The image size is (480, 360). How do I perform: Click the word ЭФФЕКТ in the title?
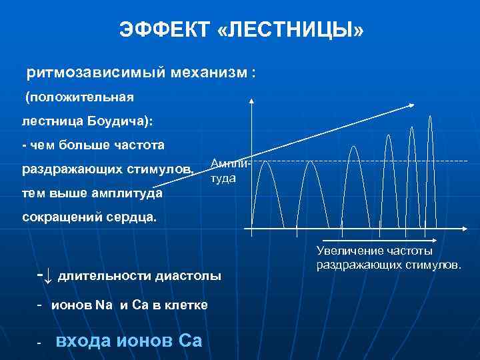[163, 30]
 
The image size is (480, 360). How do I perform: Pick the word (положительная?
[79, 97]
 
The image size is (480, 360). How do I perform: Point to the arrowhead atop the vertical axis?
[251, 101]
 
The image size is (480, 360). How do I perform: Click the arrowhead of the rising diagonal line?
[414, 105]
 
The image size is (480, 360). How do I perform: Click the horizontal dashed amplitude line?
[360, 161]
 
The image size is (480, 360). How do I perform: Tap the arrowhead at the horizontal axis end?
[470, 229]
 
